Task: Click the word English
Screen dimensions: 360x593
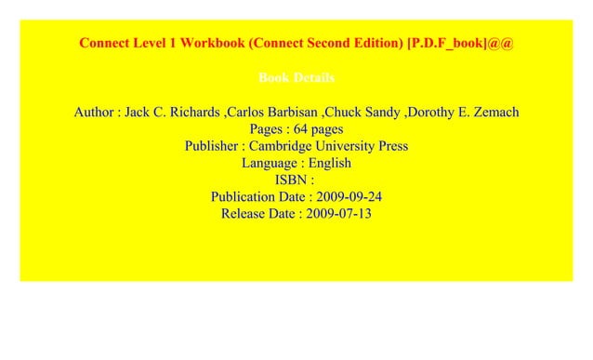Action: (x=331, y=163)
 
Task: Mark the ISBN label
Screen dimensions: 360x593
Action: (x=292, y=180)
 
